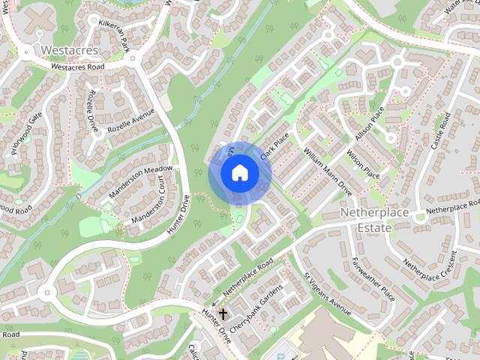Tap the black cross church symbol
223,314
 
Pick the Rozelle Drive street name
94,112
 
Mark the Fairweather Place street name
373,279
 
